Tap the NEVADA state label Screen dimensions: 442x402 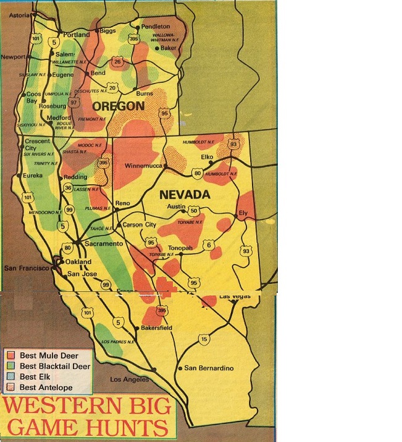tap(185, 194)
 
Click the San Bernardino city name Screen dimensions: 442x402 tap(209, 368)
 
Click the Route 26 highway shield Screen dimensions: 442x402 tap(117, 62)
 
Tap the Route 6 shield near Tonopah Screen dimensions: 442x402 tap(209, 245)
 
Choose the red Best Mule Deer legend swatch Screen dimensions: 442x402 tap(10, 355)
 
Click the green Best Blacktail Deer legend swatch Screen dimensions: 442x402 tap(10, 366)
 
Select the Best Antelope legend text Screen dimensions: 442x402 tap(46, 388)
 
